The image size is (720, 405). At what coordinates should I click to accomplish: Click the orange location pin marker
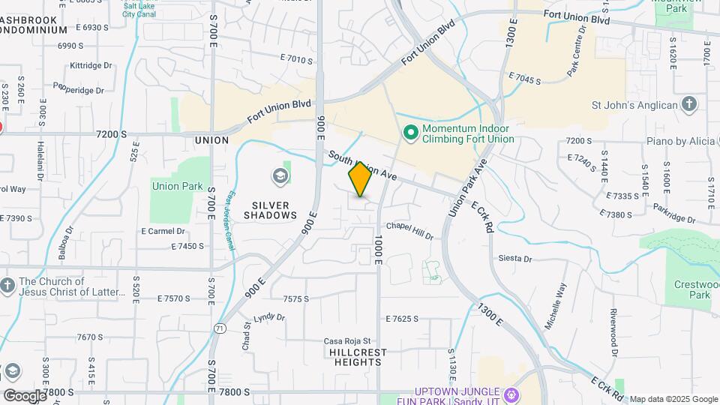(360, 179)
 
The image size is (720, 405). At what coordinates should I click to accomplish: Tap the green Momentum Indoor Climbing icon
(410, 133)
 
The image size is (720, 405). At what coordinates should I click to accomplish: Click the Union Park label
(178, 185)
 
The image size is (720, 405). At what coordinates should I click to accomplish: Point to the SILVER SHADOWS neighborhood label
(271, 210)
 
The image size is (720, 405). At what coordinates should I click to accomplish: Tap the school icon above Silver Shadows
(280, 176)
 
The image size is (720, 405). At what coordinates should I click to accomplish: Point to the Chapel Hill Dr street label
(409, 230)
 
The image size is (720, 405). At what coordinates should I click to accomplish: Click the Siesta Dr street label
(515, 259)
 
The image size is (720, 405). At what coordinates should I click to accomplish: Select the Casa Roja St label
(347, 341)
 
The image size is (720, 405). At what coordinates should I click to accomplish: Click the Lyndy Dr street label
(269, 318)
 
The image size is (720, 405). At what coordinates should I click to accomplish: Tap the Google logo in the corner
(24, 395)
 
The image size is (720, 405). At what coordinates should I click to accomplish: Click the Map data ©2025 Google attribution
(673, 399)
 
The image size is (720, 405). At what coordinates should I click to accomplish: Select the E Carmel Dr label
(163, 231)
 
